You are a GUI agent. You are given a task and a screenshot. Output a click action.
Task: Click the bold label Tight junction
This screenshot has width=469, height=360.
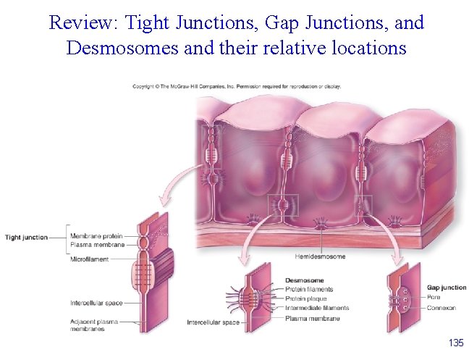26,237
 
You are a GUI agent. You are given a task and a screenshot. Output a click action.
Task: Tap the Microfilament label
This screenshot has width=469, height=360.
90,259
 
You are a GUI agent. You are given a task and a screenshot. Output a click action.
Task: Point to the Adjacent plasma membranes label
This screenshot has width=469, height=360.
93,325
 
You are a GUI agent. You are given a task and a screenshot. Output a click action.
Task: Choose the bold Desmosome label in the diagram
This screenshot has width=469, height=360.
304,280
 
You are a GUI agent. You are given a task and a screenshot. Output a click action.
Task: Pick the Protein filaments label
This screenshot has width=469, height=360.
309,289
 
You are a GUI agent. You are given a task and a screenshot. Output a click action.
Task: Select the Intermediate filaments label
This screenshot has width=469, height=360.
316,308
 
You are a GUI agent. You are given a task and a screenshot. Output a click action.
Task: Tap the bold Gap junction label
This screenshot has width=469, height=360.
447,288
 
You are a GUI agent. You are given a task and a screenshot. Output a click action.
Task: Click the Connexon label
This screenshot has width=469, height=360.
441,308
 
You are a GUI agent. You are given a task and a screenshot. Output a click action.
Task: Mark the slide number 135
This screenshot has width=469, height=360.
455,342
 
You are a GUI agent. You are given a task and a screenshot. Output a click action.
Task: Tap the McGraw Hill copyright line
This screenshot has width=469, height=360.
237,86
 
